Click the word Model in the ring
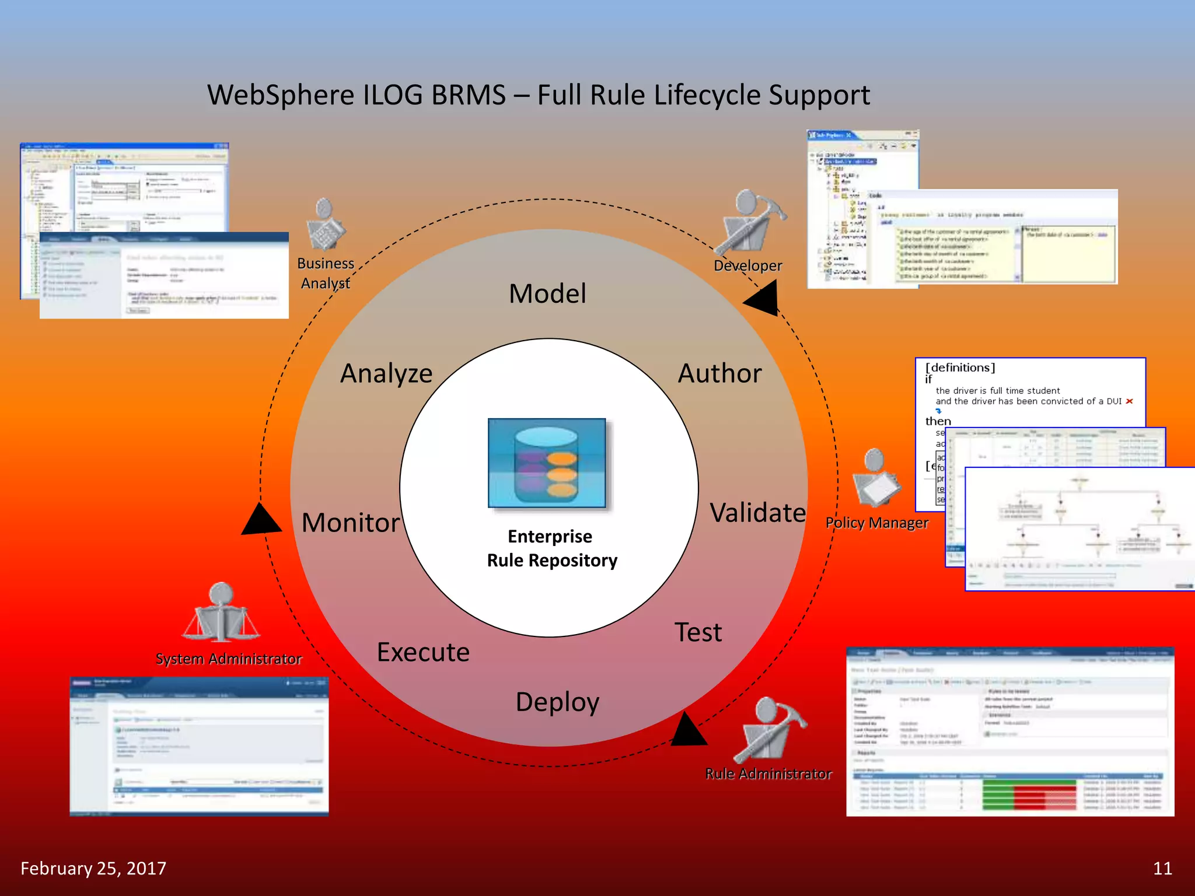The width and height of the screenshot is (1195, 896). pos(547,293)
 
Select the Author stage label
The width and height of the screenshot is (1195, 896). pos(719,373)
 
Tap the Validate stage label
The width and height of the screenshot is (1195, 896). pos(757,513)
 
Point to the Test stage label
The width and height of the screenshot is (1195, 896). pos(698,632)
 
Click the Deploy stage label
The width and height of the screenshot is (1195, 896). pos(557,702)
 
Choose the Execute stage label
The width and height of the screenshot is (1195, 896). pos(423,652)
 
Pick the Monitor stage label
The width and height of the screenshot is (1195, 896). pos(351,523)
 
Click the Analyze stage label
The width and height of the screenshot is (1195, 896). pos(386,373)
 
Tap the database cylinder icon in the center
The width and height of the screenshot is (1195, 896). pos(547,464)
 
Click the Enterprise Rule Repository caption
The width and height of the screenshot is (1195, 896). pos(551,548)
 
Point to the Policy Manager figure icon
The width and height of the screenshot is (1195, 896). pos(875,478)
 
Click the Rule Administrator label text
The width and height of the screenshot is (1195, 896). pos(768,774)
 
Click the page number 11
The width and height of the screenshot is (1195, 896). pos(1162,869)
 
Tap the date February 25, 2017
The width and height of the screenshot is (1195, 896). pos(93,869)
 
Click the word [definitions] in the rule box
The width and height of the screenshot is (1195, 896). pos(960,367)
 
